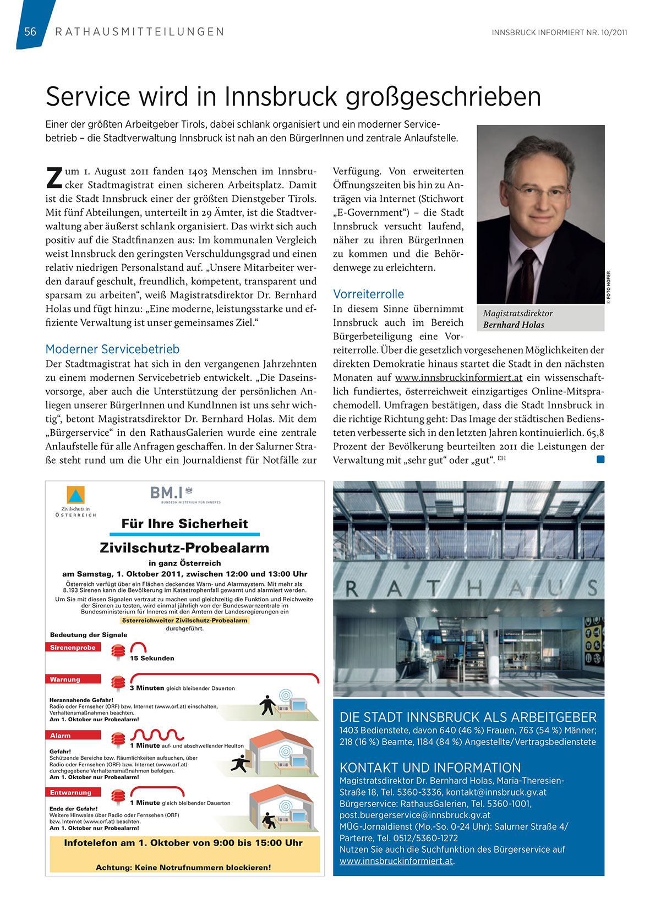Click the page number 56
(x=30, y=32)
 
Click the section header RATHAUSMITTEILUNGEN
(x=140, y=32)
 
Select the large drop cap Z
(x=53, y=177)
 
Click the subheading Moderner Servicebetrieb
(x=112, y=349)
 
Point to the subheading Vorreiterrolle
(x=368, y=294)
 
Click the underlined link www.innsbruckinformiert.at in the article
(x=458, y=378)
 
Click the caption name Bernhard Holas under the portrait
(x=514, y=325)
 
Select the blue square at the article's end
(x=600, y=459)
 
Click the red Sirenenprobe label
(x=73, y=648)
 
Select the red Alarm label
(x=61, y=736)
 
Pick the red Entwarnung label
(x=70, y=793)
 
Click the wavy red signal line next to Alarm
(x=157, y=735)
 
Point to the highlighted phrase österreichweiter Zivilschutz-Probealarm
(x=184, y=621)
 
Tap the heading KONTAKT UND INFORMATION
(x=430, y=768)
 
